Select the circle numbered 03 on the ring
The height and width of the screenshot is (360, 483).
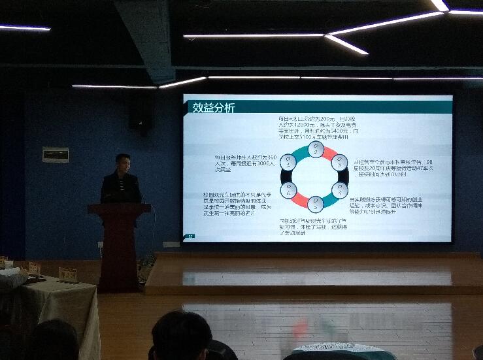click(339, 162)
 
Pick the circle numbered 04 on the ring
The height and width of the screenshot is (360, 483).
click(339, 190)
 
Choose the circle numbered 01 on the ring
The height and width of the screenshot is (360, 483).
click(288, 163)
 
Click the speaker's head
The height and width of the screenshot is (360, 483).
click(122, 163)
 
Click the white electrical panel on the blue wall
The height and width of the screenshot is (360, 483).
click(56, 155)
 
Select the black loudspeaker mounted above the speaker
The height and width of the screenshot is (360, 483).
click(141, 112)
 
